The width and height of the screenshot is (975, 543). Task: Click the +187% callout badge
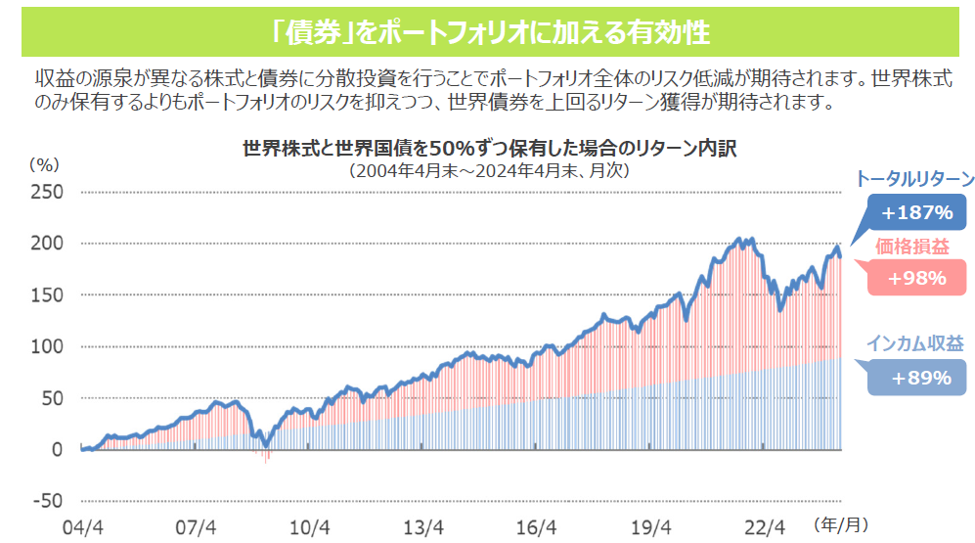(x=916, y=212)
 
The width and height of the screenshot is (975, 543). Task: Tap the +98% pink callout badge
(x=916, y=278)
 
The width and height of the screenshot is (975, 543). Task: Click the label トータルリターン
(x=914, y=179)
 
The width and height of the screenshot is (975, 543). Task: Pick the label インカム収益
(x=914, y=344)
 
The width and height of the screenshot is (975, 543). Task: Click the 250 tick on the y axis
(x=49, y=192)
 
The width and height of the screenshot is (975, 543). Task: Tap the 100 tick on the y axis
(x=49, y=346)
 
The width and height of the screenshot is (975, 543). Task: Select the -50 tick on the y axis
(x=49, y=502)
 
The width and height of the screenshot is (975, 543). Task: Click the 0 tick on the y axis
(x=57, y=450)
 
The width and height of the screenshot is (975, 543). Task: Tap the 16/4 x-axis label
(x=536, y=527)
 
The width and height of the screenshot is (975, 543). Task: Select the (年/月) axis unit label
(x=840, y=525)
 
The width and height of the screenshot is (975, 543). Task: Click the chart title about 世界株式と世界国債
(x=488, y=149)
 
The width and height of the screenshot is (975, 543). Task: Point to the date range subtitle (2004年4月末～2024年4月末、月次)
(x=488, y=169)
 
